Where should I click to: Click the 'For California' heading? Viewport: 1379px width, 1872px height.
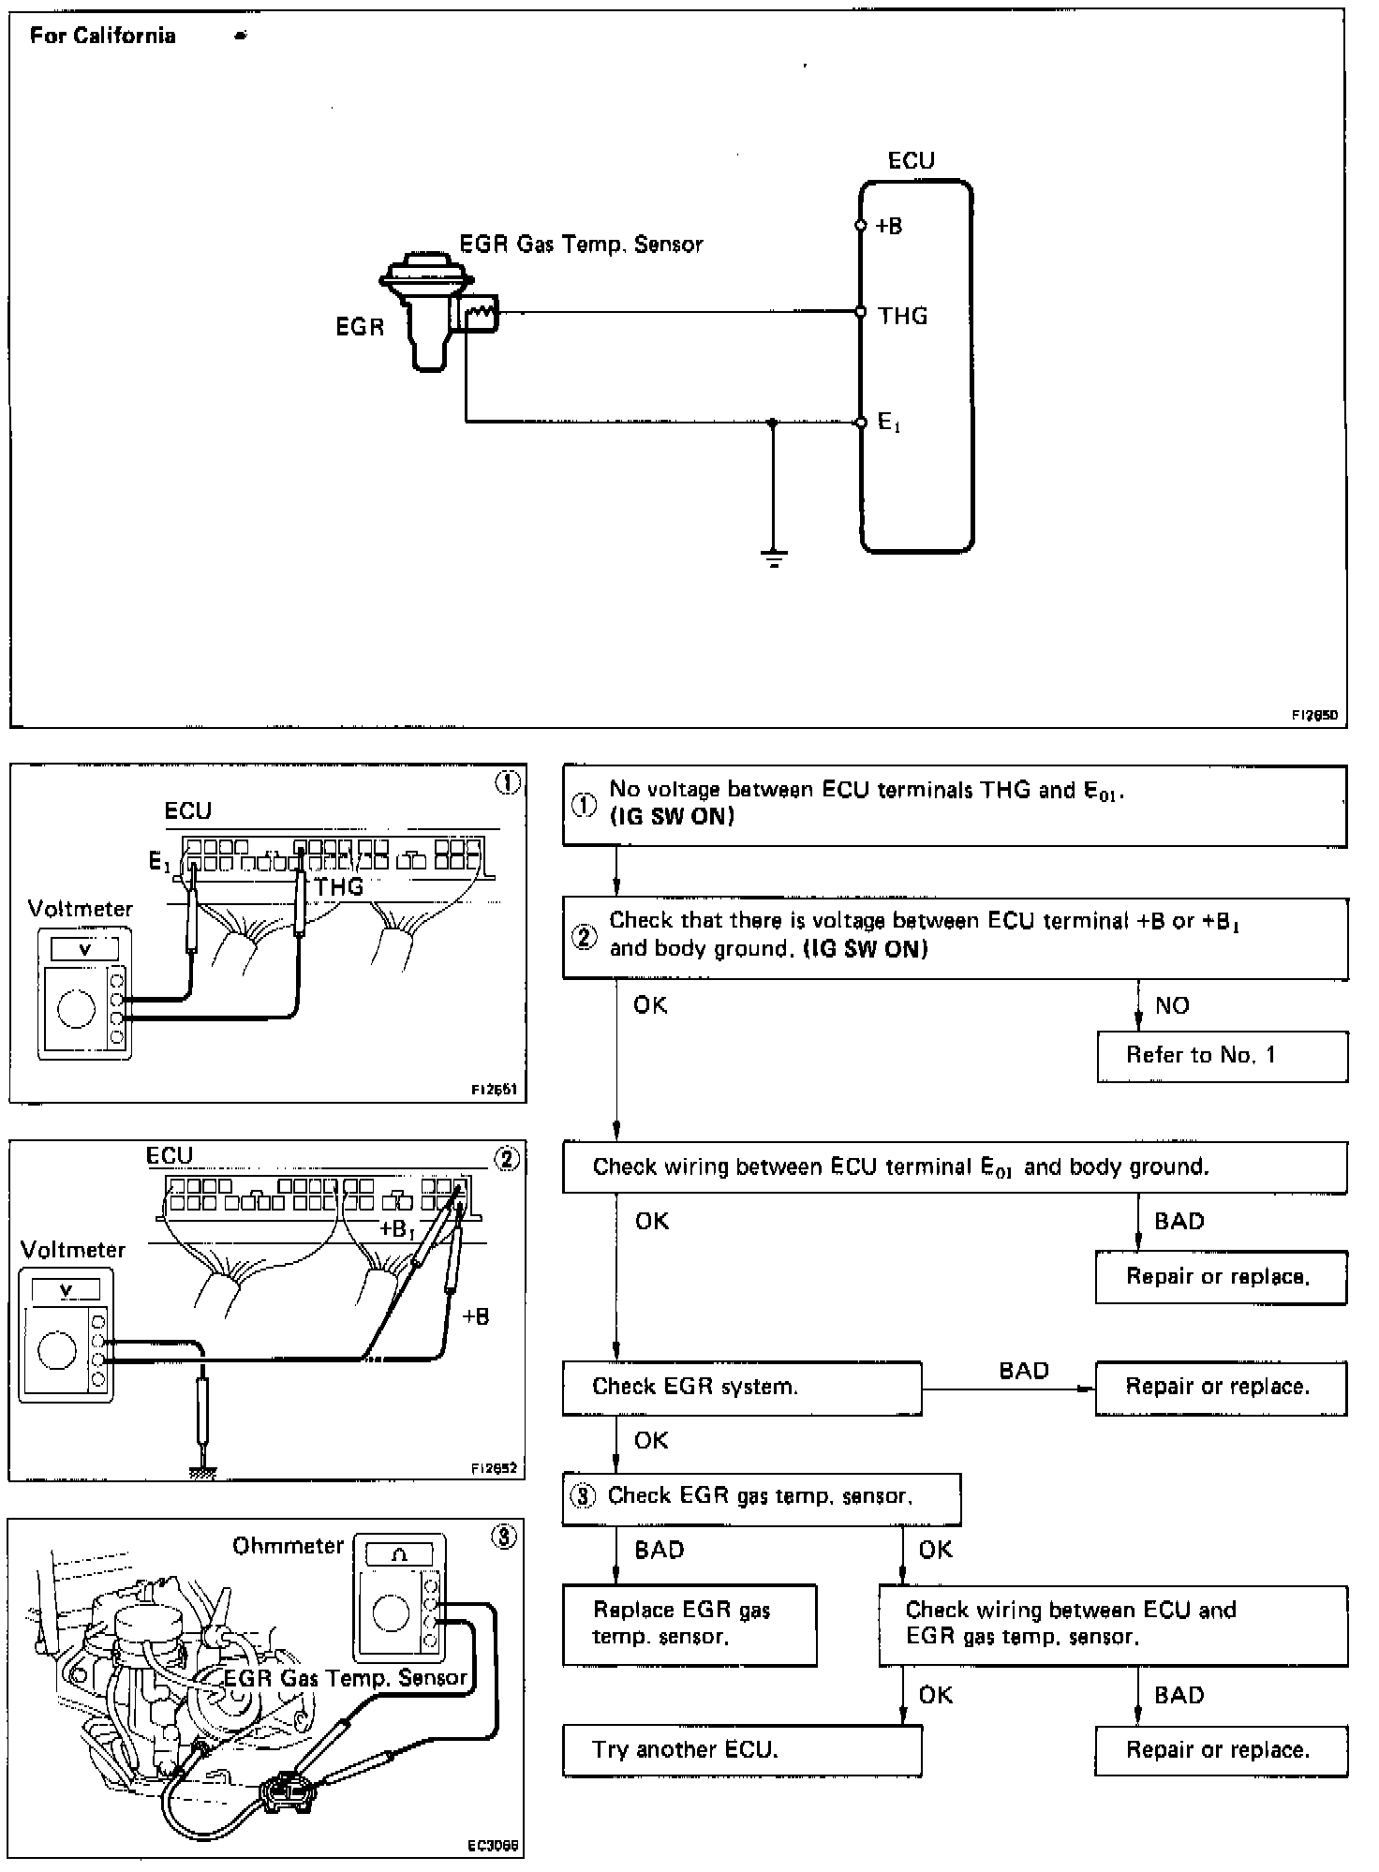(102, 36)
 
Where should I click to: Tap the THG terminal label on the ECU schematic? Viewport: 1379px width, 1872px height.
(903, 316)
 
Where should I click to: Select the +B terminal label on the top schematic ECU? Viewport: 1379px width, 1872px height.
(889, 226)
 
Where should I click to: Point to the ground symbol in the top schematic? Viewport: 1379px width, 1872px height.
(774, 559)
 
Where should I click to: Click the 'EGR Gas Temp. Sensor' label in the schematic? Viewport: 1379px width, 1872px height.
(581, 245)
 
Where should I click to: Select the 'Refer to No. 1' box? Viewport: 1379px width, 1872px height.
(1222, 1056)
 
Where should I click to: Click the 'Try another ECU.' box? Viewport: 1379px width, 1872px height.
(741, 1749)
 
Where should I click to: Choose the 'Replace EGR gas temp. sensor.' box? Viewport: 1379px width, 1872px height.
(689, 1625)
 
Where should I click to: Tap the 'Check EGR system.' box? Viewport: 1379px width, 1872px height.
(741, 1387)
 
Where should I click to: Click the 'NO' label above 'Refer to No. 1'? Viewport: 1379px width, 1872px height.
(1172, 1005)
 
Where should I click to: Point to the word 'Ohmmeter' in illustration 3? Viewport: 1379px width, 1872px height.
(289, 1545)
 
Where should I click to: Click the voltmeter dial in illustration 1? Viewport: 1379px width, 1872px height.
(76, 1007)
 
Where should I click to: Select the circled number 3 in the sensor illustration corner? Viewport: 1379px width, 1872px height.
(504, 1538)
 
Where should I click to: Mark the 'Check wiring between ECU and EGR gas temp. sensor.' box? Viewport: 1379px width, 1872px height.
(1112, 1625)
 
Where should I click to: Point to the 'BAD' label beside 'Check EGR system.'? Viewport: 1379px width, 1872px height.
(1023, 1371)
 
